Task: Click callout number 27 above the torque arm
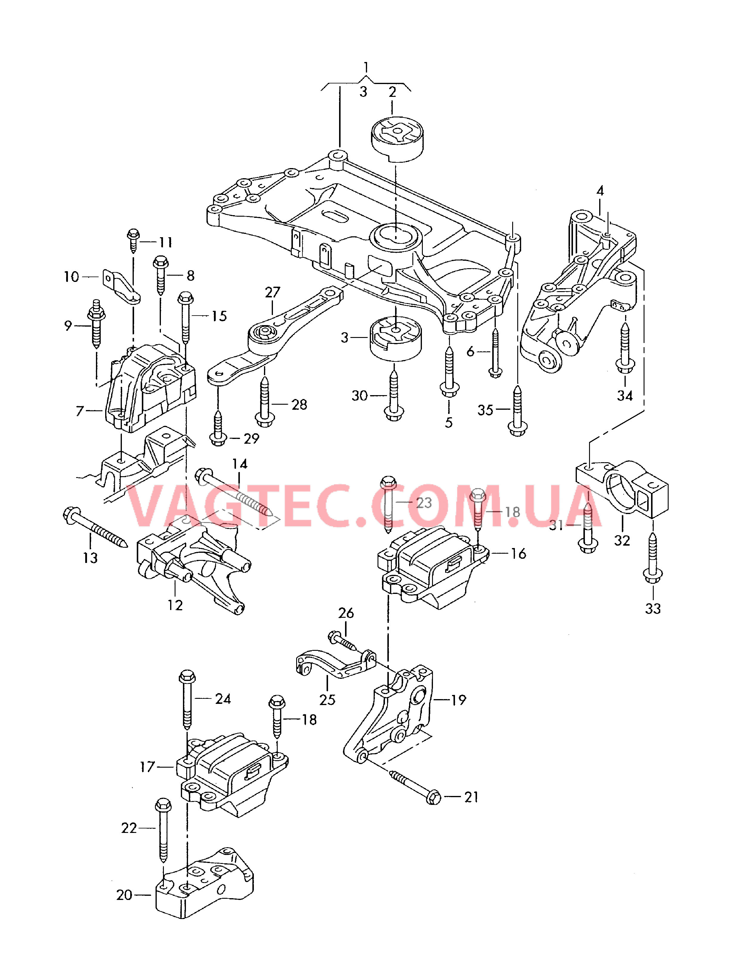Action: [x=272, y=292]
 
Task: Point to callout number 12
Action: [x=175, y=605]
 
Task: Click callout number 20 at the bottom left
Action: [x=124, y=895]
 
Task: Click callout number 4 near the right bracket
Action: [x=600, y=191]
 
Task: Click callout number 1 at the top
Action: [x=366, y=67]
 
